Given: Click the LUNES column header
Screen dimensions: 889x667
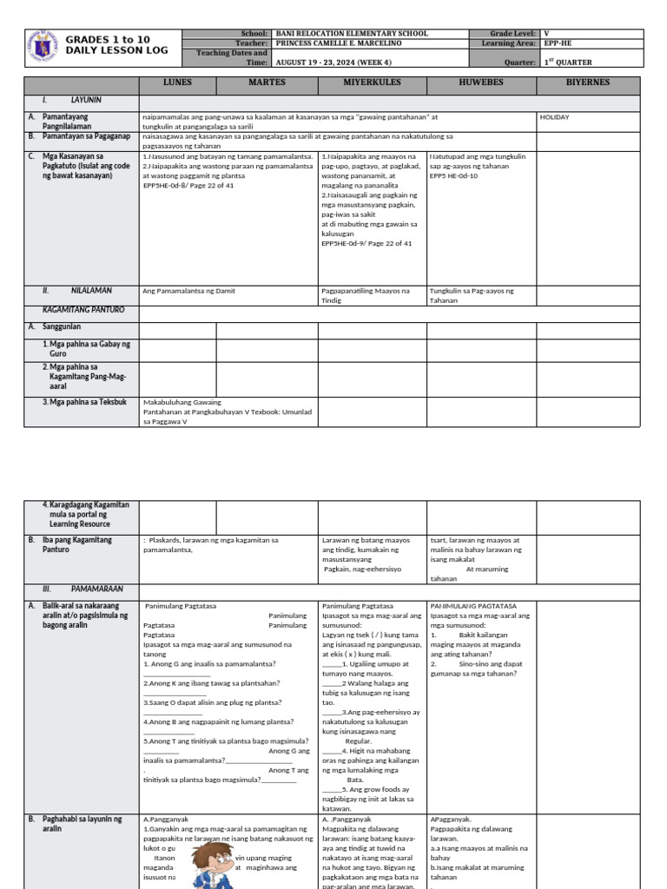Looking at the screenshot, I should click(x=178, y=83).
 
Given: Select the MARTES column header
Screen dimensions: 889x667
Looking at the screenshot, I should click(x=267, y=83).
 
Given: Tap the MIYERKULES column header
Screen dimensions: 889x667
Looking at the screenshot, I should click(x=371, y=83).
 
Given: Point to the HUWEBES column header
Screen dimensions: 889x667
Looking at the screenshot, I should click(x=480, y=83).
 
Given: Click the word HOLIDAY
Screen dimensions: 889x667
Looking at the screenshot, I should click(x=554, y=115).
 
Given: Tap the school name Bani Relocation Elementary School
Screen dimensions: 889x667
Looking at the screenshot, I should click(x=351, y=33).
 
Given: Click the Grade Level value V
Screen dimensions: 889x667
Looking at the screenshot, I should click(x=546, y=33).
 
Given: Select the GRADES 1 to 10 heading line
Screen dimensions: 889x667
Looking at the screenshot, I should click(x=108, y=40).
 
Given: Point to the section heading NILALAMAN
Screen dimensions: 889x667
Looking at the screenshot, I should click(x=92, y=290).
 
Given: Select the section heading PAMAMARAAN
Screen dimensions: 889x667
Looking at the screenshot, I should click(x=96, y=588).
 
